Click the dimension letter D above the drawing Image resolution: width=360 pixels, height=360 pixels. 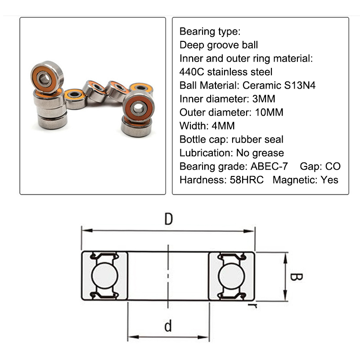click(168, 219)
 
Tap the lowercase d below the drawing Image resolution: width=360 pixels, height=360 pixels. click(168, 325)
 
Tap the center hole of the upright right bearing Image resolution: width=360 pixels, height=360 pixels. click(139, 107)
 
